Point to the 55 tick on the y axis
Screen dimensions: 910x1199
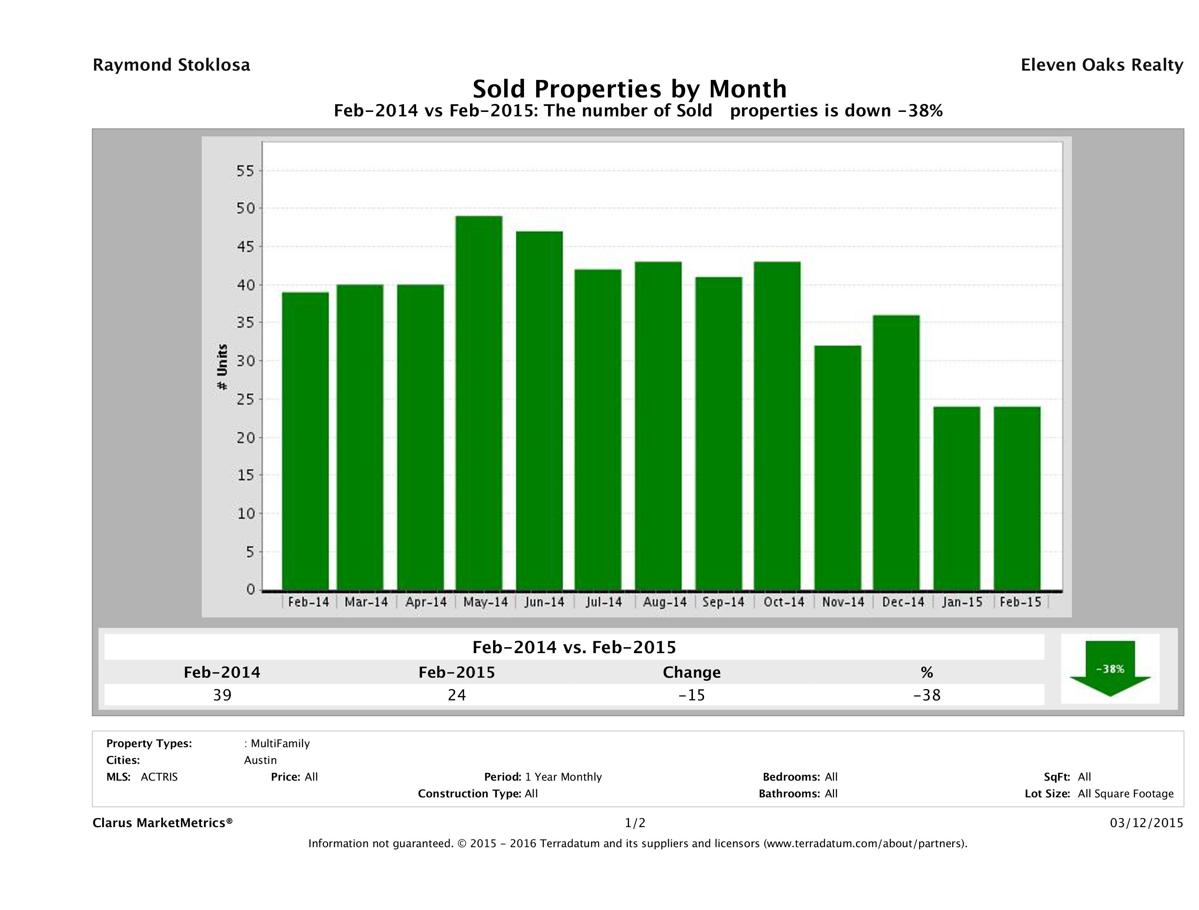(245, 171)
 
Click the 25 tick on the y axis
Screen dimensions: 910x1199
(245, 400)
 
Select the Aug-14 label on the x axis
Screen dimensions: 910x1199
(665, 602)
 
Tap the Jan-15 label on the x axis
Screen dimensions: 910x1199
(962, 602)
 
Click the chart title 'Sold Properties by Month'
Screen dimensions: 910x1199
(629, 88)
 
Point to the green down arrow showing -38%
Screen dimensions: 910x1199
(1109, 668)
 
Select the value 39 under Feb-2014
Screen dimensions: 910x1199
(222, 695)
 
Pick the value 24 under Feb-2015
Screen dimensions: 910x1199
(457, 695)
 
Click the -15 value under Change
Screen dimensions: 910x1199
(692, 695)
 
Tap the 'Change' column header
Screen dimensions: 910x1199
(692, 672)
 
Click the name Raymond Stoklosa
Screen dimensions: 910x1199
(171, 65)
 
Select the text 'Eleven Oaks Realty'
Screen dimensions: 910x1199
(1101, 65)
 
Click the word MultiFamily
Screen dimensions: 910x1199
(280, 743)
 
